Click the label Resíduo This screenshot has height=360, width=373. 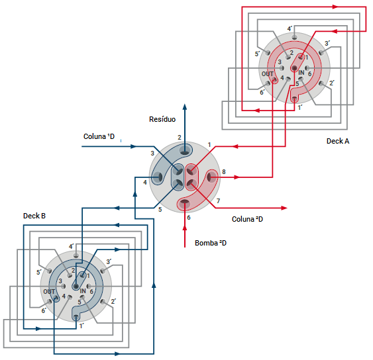point(162,119)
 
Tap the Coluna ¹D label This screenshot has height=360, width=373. point(99,136)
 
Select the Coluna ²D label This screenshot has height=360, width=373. point(247,219)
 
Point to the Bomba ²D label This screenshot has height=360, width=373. point(211,243)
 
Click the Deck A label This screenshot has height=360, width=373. point(338,141)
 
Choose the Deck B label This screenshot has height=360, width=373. point(34,216)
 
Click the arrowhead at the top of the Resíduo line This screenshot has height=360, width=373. point(185,107)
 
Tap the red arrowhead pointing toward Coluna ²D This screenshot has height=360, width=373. point(284,208)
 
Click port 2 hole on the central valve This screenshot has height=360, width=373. point(185,151)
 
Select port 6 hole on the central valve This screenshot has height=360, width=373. point(185,202)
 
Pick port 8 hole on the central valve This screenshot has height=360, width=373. point(211,177)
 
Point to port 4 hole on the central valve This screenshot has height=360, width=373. point(159,177)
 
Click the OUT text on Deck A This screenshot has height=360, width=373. point(268,74)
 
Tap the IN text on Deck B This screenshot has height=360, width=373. point(83,291)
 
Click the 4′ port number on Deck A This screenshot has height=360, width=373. point(290,28)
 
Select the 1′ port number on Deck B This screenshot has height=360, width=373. point(81,326)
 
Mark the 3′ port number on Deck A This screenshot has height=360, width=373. point(327,43)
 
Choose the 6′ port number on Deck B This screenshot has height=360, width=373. point(44,310)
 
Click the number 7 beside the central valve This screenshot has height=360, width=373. point(218,201)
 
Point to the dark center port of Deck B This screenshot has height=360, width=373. point(76,287)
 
